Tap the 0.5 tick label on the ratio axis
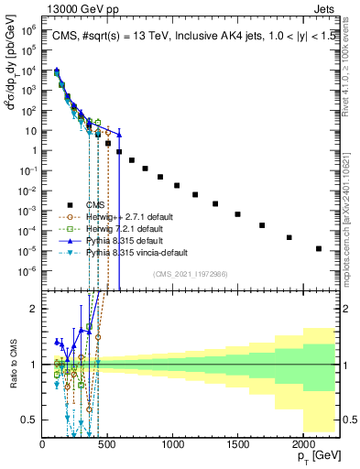click(30, 420)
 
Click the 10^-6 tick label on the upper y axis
click(29, 269)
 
